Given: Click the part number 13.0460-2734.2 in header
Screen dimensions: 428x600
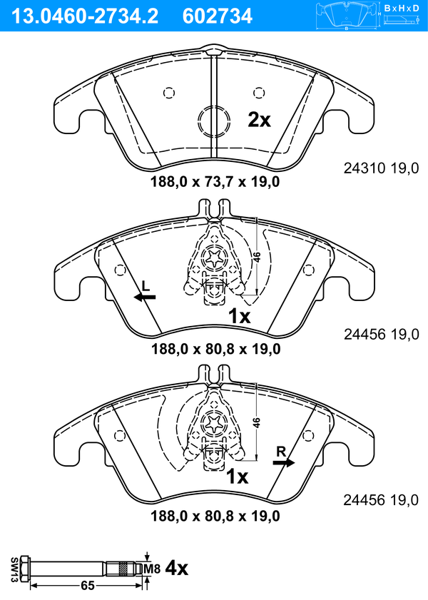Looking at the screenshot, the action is [x=85, y=16].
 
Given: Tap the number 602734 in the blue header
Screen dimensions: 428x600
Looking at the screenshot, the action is [x=218, y=16].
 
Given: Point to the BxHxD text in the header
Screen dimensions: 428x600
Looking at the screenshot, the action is [x=402, y=8].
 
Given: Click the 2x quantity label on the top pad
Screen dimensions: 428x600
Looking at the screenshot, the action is [x=259, y=120].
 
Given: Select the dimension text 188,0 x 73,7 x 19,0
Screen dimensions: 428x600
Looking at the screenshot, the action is [x=215, y=181].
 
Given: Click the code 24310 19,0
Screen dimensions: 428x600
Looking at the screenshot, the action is [x=382, y=168].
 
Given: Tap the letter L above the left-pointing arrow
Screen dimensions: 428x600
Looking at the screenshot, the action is [x=146, y=285].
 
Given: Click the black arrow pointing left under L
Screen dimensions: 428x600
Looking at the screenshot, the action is [x=145, y=297].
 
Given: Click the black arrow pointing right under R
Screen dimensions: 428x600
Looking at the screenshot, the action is [x=284, y=462].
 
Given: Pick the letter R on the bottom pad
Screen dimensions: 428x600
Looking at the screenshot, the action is [x=281, y=452].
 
